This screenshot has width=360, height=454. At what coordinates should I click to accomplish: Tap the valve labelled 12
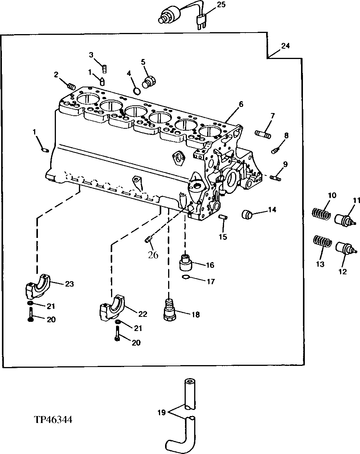point(345,249)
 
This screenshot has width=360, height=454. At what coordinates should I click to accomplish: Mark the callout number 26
point(153,255)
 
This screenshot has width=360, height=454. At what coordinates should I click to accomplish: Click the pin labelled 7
point(263,134)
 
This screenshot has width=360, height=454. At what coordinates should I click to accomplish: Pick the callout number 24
point(285,46)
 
